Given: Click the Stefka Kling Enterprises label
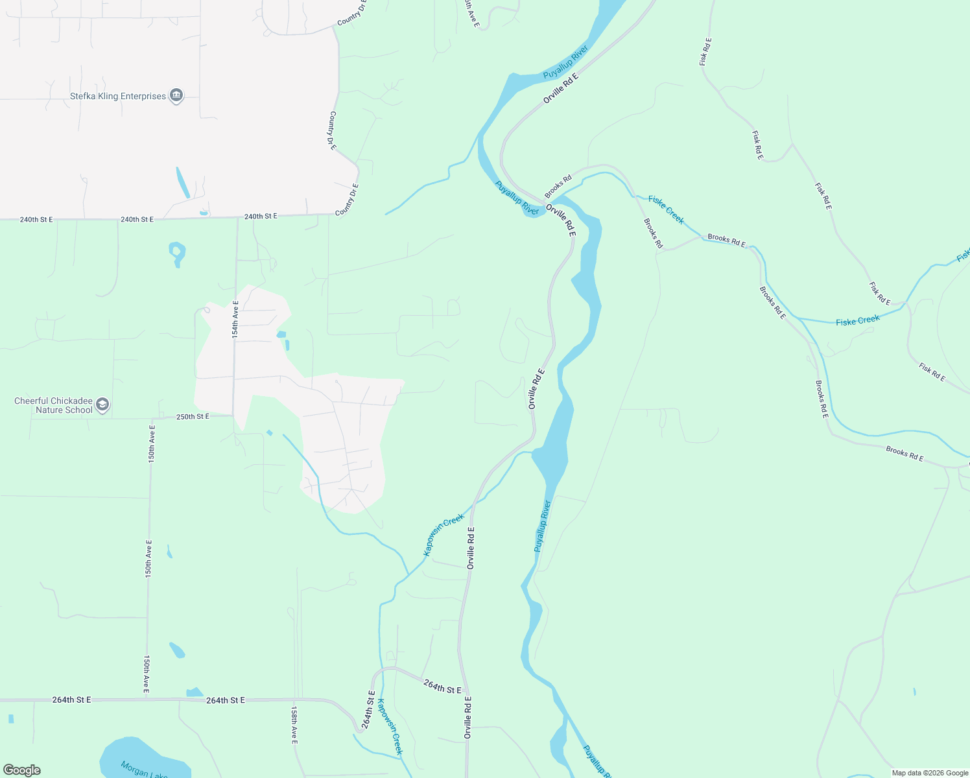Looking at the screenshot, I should [x=117, y=97].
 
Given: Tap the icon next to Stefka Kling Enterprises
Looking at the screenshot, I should [x=176, y=96].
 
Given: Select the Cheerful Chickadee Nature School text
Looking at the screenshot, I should [x=54, y=406].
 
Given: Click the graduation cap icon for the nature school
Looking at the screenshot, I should [x=102, y=406].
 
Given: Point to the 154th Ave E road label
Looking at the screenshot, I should [x=235, y=318].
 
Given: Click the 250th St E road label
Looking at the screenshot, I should [x=193, y=416].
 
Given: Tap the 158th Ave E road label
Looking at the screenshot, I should [x=294, y=725].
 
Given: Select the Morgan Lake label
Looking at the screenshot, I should [x=144, y=770].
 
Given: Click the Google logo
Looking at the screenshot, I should [x=22, y=770].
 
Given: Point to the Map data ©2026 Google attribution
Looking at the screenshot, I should [x=930, y=773].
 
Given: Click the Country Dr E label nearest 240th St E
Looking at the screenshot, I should [x=347, y=200].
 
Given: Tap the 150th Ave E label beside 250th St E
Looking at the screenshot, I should [x=152, y=443].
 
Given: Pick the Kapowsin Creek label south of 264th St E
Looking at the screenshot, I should [x=390, y=726].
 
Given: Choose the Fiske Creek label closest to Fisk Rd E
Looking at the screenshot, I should [x=857, y=320].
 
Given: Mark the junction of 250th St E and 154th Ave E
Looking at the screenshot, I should [x=233, y=416].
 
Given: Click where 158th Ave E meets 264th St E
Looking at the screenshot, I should [x=296, y=700].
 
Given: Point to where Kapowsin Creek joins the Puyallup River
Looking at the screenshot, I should [x=533, y=452].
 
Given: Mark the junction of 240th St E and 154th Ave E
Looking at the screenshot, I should [x=237, y=217].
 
